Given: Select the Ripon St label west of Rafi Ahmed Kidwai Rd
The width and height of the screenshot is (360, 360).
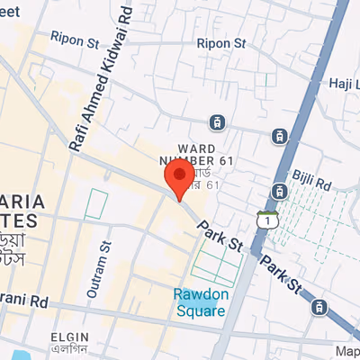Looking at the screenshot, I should pos(74,41).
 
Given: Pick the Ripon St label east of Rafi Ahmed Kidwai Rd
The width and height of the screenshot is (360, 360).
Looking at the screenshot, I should pos(220,42).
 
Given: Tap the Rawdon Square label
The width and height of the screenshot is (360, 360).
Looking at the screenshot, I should pos(199,302).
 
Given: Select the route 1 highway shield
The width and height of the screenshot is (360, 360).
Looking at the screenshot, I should pos(265,220).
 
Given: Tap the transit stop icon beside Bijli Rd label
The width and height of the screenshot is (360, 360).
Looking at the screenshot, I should pos(280,191).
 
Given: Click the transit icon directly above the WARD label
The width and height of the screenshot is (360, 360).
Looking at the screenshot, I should pos(216,121).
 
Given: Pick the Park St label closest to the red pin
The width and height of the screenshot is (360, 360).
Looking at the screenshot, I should pos(221,237).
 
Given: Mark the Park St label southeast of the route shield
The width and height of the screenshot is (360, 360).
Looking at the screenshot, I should pos(283,276).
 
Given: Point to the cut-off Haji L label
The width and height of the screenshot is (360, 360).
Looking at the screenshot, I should pos(344,83).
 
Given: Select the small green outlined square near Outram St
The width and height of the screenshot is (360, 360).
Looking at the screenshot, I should pos(95,204).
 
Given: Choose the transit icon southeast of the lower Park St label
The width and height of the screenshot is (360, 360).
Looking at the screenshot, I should pos(319,308).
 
